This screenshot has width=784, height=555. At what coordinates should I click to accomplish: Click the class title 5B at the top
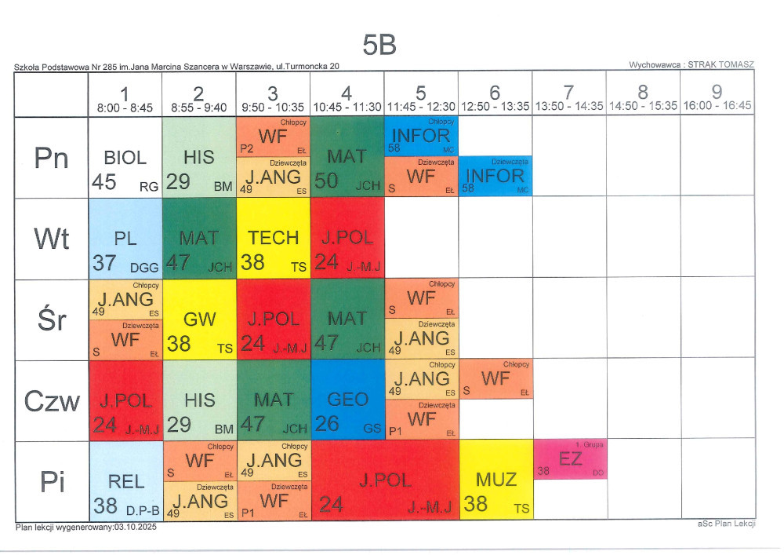(379, 46)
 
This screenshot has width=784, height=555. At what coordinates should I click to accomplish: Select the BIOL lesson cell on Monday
(125, 158)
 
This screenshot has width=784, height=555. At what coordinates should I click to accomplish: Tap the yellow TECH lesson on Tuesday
(273, 238)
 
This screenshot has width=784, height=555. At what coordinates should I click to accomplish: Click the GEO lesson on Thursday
(347, 400)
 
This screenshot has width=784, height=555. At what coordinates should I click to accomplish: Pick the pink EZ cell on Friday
(570, 460)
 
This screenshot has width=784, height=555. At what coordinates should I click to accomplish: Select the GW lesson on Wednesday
(199, 319)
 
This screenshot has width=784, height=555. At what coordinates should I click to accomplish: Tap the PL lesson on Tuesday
(125, 238)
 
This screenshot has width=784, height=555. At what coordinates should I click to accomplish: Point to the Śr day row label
(51, 319)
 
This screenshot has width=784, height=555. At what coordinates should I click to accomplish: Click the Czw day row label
(51, 401)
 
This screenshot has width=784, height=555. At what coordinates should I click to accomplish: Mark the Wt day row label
(51, 238)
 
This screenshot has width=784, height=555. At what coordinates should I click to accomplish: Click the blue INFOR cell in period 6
(495, 176)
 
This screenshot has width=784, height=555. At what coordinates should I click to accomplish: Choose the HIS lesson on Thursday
(199, 400)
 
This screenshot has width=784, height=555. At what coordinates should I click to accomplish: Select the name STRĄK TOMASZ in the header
(720, 65)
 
